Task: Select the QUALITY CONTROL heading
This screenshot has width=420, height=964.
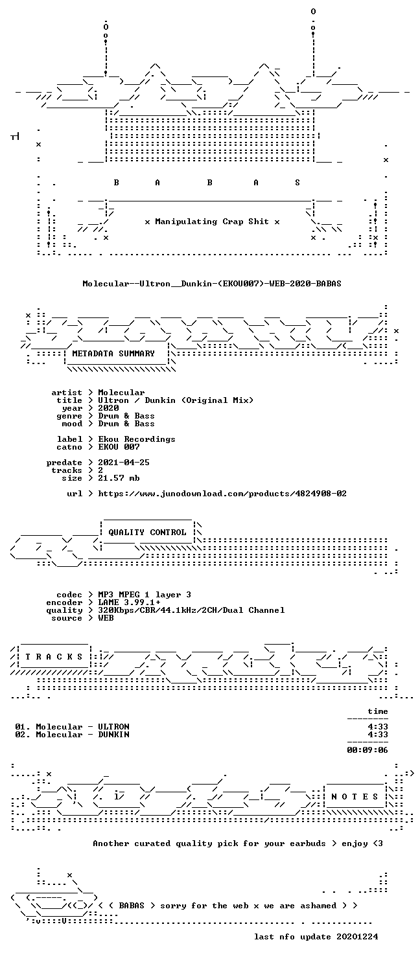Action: (x=147, y=533)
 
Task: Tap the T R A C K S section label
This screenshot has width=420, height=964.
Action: (x=54, y=657)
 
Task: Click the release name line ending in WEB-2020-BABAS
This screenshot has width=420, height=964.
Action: (x=212, y=284)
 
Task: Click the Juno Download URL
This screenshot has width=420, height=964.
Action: (x=222, y=494)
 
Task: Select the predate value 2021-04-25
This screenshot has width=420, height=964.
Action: (x=124, y=463)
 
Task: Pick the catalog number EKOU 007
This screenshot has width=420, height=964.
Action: (x=119, y=447)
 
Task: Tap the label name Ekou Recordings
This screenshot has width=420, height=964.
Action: (x=137, y=439)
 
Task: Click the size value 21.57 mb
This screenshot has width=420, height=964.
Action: (x=119, y=478)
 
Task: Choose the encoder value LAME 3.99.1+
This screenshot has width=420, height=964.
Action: (x=129, y=602)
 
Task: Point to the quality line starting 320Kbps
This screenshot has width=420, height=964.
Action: (x=191, y=610)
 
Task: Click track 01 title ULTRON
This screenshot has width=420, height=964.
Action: (x=113, y=727)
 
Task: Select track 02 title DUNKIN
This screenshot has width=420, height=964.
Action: (x=113, y=735)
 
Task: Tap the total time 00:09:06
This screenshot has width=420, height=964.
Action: (x=367, y=750)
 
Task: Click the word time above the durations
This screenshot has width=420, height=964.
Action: (x=378, y=711)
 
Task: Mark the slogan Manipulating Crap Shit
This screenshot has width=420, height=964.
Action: (x=212, y=222)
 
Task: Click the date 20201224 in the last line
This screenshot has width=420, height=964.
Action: (x=358, y=937)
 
